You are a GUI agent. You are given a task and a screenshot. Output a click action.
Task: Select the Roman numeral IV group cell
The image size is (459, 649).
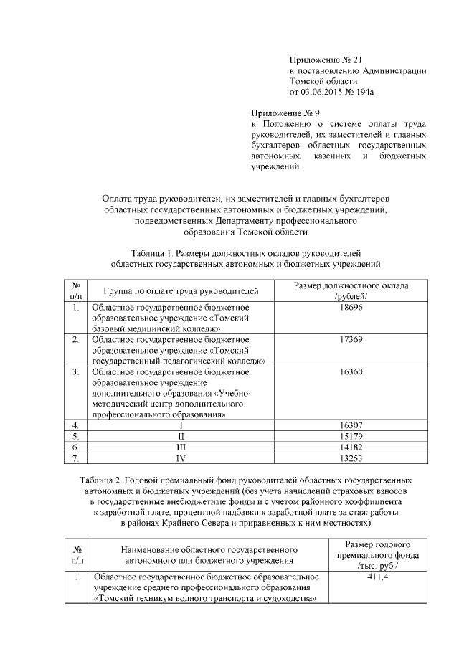[x=181, y=458]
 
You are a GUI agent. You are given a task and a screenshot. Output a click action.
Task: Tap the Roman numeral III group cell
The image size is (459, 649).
[x=181, y=447]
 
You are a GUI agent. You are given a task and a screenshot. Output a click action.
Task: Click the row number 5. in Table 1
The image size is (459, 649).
[x=75, y=436]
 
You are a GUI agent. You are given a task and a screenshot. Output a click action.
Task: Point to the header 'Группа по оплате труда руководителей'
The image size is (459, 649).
[x=180, y=291]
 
